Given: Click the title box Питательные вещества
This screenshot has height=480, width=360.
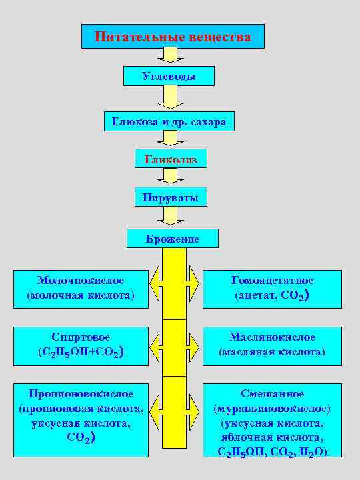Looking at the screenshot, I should coord(173,37).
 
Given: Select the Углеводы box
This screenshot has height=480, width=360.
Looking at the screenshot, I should coord(169,76).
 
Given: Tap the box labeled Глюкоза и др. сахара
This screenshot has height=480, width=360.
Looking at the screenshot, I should coord(169,122).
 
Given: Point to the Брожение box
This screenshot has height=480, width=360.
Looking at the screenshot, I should coord(173,238).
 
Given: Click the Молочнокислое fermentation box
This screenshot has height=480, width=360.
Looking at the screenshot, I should coord(81,287).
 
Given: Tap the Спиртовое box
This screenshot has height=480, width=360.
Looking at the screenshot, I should coord(81,344).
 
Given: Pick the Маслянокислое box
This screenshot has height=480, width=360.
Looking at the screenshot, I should coord(272,344).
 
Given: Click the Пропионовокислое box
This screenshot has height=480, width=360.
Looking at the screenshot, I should coord(81,419).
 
